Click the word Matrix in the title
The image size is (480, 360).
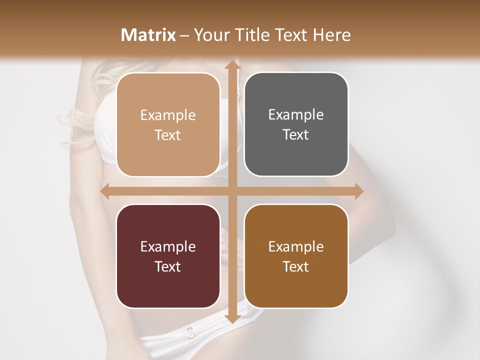pyautogui.click(x=148, y=35)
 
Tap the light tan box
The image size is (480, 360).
pyautogui.click(x=168, y=125)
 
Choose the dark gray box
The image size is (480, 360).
pyautogui.click(x=296, y=124)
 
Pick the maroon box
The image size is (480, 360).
pyautogui.click(x=168, y=256)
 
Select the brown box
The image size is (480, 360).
pyautogui.click(x=296, y=256)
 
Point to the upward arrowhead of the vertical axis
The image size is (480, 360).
pyautogui.click(x=232, y=65)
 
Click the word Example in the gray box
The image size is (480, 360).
pyautogui.click(x=296, y=115)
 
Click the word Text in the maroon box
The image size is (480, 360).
pyautogui.click(x=168, y=266)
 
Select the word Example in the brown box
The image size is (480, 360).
pyautogui.click(x=296, y=247)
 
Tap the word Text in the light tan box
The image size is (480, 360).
pyautogui.click(x=168, y=135)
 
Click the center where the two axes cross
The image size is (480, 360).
pyautogui.click(x=232, y=191)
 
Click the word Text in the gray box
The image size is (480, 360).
pyautogui.click(x=296, y=134)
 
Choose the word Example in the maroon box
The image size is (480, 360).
pyautogui.click(x=168, y=247)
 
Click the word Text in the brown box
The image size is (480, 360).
pyautogui.click(x=296, y=266)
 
